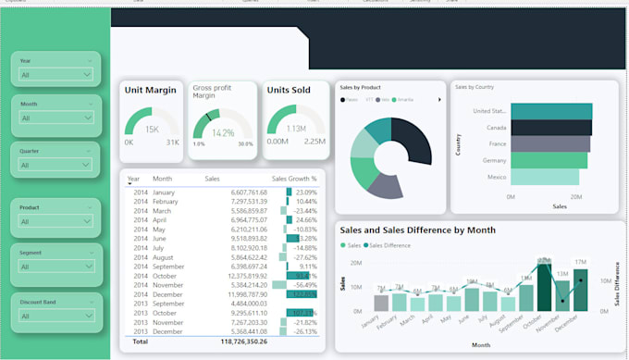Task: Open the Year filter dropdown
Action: tap(56, 73)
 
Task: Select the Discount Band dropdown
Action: tap(56, 316)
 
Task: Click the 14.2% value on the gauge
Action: tap(223, 132)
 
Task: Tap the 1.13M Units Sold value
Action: tap(296, 130)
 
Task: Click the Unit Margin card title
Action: tap(151, 90)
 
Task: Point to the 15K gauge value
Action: tap(152, 130)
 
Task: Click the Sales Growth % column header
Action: tap(293, 179)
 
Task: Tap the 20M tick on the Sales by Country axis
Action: tap(574, 196)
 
